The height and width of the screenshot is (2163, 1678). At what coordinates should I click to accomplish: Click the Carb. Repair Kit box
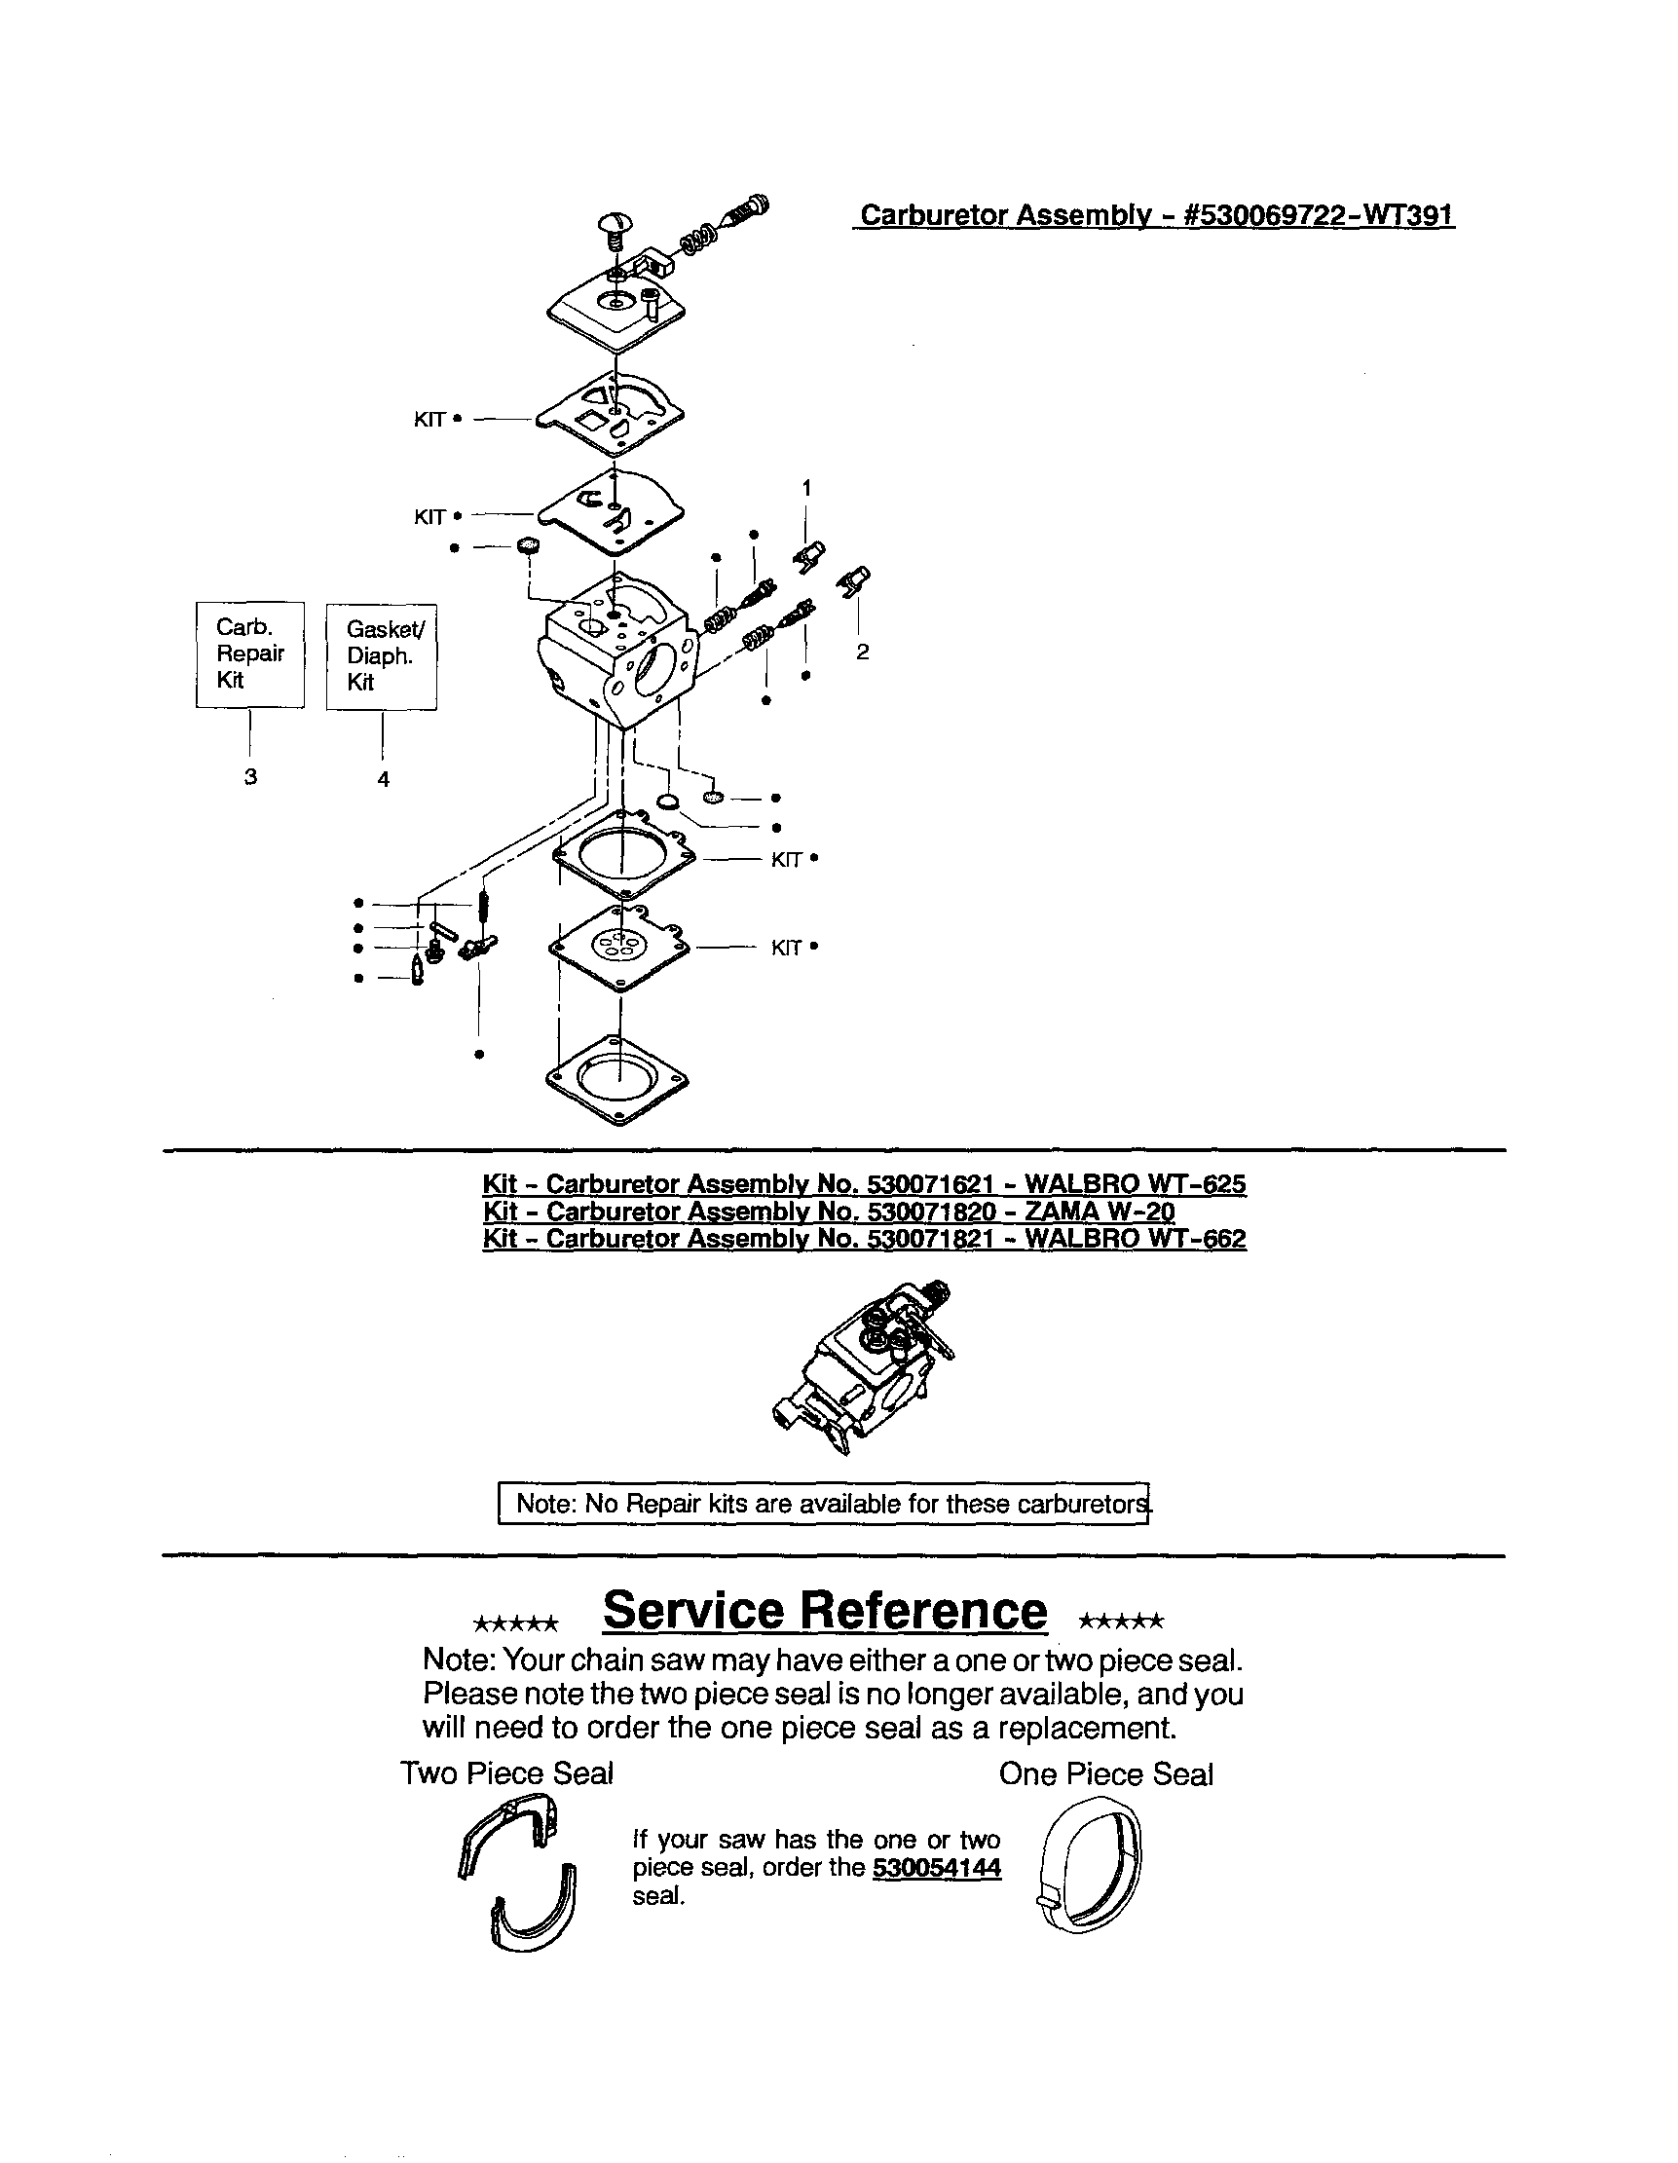(x=249, y=653)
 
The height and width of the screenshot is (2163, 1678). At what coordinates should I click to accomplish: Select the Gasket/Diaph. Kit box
(x=382, y=655)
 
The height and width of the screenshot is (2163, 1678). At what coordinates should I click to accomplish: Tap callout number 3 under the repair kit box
(x=250, y=776)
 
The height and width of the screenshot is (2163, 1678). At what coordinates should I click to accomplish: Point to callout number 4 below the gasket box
(x=384, y=779)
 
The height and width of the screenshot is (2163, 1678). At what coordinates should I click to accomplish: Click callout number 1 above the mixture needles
(x=806, y=487)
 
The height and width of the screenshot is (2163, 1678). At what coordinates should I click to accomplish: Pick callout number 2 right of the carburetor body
(x=863, y=652)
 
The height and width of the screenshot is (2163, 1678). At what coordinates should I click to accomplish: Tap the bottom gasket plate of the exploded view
(x=617, y=1080)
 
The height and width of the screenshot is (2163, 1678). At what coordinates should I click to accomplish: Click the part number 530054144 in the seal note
(x=936, y=1867)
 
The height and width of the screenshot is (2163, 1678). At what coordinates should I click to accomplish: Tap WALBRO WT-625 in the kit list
(x=1135, y=1183)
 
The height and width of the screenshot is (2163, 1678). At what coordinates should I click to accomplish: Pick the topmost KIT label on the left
(x=429, y=420)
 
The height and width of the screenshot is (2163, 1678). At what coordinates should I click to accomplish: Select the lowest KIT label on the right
(x=787, y=949)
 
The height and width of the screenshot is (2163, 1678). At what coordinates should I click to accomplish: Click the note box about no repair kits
(x=822, y=1504)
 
